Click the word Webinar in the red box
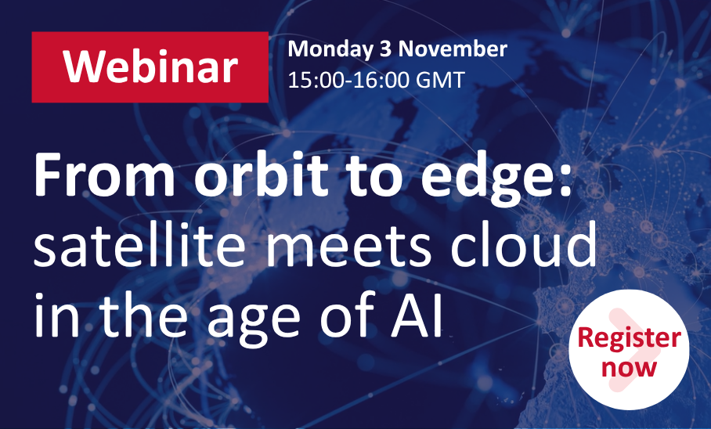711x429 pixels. [x=150, y=67]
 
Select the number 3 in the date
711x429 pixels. [x=385, y=49]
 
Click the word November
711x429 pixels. [x=452, y=49]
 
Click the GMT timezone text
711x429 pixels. [x=440, y=80]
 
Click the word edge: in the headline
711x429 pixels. [x=496, y=178]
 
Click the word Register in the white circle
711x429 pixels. [x=629, y=339]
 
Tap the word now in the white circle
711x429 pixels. [x=629, y=367]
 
